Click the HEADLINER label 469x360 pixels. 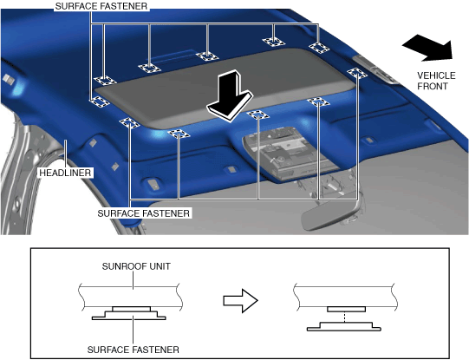point(65,173)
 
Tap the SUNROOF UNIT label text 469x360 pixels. point(136,266)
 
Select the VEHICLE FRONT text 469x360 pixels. point(436,81)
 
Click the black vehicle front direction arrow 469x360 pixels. point(427,48)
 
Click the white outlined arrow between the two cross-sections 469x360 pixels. point(240,301)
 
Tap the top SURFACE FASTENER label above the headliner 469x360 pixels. point(101,6)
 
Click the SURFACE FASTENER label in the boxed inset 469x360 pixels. point(134,350)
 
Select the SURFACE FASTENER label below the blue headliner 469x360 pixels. point(144,213)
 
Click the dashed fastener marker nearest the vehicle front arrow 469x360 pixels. point(357,73)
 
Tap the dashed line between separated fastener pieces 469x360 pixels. point(345,317)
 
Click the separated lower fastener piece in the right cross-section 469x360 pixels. point(344,326)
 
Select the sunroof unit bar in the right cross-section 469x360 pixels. point(346,297)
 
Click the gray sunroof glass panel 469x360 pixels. point(225,87)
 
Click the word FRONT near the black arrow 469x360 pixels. point(433,86)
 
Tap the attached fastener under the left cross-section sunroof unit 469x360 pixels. point(129,313)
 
